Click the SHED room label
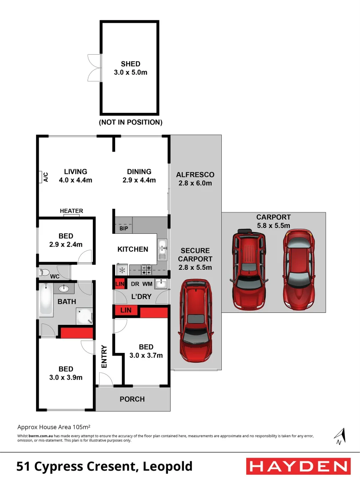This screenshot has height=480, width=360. [x=130, y=64]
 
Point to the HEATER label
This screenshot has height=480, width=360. [x=71, y=211]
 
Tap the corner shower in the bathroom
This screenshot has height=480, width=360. [x=84, y=316]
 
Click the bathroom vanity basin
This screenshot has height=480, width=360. [x=64, y=289]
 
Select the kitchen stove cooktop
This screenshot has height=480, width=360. [x=146, y=269]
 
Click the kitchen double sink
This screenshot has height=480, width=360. [x=162, y=249]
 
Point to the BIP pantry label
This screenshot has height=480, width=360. [x=124, y=228]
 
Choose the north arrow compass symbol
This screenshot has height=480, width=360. [x=340, y=436]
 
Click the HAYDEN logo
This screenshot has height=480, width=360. [x=297, y=466]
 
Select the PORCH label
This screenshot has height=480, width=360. [x=132, y=399]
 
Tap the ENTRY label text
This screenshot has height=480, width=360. [x=104, y=356]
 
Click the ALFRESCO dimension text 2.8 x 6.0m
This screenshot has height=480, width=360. [x=195, y=183]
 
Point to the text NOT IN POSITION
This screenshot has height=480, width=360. [x=130, y=122]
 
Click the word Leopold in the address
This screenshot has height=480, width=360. [x=168, y=466]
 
